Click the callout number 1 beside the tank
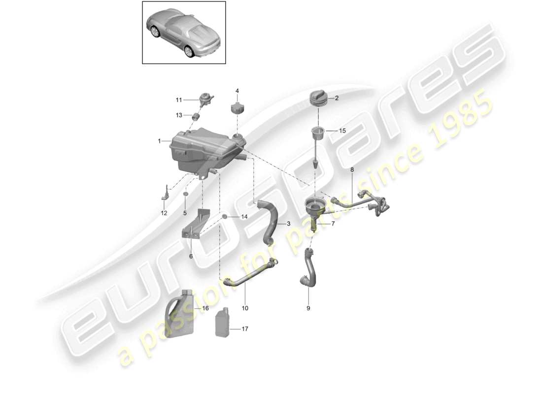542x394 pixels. (160, 141)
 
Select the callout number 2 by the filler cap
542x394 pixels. (337, 98)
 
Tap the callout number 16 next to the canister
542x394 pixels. (205, 309)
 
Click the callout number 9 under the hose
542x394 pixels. (309, 309)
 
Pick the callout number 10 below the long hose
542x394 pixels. (245, 308)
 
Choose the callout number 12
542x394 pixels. (164, 213)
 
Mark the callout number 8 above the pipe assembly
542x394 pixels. (352, 169)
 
